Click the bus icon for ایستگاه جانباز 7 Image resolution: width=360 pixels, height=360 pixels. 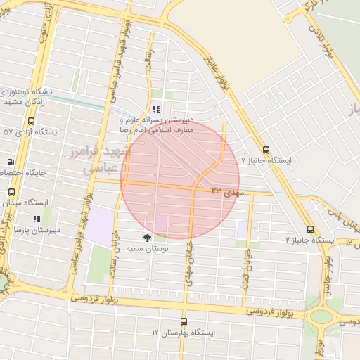click(x=266, y=149)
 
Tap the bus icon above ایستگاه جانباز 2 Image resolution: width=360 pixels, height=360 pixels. click(x=310, y=229)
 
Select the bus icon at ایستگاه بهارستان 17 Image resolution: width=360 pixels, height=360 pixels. click(x=184, y=321)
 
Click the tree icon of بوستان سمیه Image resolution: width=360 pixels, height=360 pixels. click(x=147, y=238)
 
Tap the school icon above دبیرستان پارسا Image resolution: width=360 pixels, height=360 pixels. click(x=37, y=219)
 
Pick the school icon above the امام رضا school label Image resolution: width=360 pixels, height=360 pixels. click(x=156, y=109)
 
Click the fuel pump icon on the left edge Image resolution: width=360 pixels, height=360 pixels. click(x=10, y=162)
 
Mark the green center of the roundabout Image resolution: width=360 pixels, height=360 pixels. click(x=321, y=317)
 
